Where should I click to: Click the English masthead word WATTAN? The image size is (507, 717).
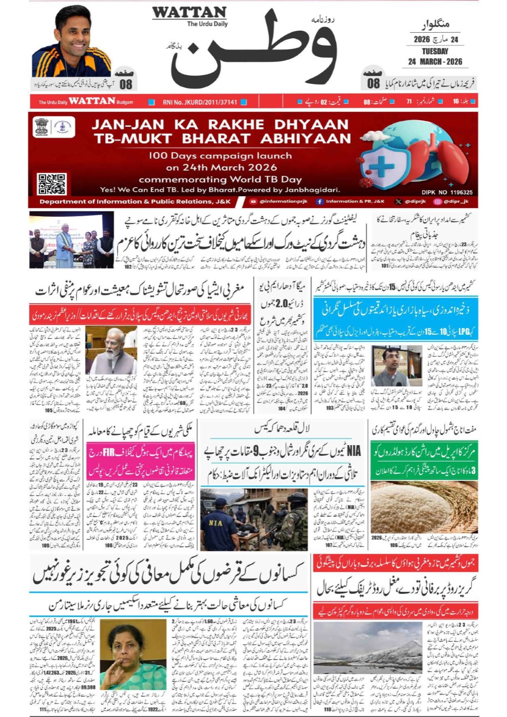point(189,12)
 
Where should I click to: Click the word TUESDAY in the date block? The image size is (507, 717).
point(435,51)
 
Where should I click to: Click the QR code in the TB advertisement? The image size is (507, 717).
point(52,184)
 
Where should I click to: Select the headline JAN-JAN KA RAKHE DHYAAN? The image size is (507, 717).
point(220,124)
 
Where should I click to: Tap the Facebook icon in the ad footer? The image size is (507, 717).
point(319,202)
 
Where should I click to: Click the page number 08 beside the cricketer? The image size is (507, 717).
point(126,83)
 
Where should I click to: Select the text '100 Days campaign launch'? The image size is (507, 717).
point(220,155)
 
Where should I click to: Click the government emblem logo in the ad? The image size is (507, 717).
point(42,127)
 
